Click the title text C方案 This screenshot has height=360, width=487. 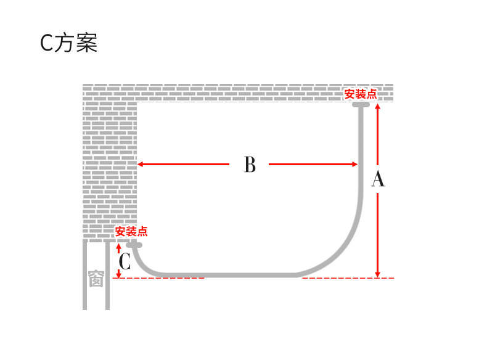(68, 43)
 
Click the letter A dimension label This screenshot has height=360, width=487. (378, 179)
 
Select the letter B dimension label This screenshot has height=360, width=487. (250, 165)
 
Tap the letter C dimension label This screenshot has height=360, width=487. (125, 263)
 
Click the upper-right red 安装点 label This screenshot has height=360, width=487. (361, 94)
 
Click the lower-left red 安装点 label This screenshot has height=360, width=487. (131, 232)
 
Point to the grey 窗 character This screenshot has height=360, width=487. (96, 279)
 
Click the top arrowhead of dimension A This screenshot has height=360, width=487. (378, 106)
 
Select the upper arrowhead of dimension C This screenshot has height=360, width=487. (118, 246)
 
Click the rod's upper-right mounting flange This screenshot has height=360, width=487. (361, 105)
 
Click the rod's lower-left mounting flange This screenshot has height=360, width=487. (134, 245)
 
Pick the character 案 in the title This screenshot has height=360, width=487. (87, 43)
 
